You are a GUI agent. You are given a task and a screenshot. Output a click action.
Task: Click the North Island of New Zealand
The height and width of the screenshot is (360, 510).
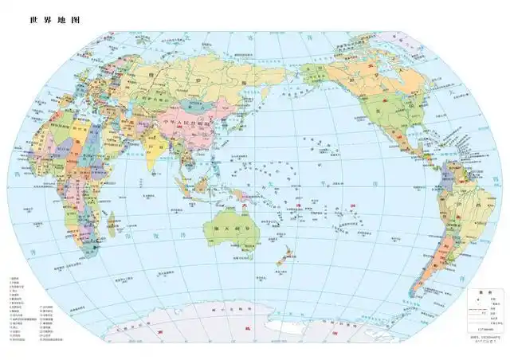pyautogui.click(x=289, y=253)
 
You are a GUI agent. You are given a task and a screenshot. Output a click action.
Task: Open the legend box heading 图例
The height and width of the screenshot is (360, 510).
pyautogui.click(x=483, y=292)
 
